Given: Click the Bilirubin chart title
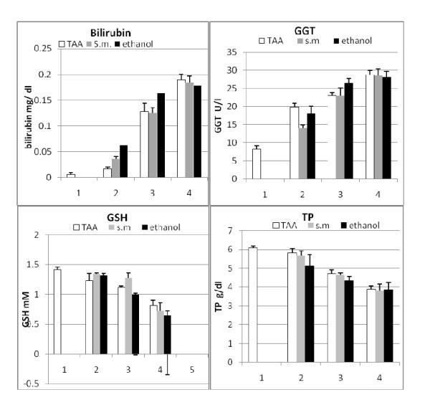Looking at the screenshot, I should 109,33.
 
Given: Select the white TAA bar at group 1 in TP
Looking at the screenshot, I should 252,305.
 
